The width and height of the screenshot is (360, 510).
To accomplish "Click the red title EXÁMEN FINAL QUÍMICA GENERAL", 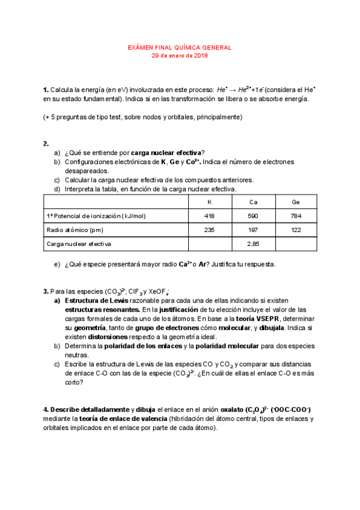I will coord(180,48).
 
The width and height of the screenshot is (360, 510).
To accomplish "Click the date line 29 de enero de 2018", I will coord(180,56).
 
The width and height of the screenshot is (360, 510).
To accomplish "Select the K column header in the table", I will coord(209,202).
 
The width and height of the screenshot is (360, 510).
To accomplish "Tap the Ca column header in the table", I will coord(254,202).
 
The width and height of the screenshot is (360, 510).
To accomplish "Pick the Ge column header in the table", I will coord(296,202).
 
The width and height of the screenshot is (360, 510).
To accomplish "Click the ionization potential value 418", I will coord(209,216).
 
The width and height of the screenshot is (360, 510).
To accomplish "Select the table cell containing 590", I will coord(254,216).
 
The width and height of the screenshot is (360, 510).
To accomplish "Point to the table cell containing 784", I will coord(296,216).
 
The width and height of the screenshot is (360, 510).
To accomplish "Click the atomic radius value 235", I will coord(209,230).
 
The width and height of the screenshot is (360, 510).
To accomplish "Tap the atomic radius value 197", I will coord(254,230).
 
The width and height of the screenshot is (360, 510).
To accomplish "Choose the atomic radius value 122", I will coord(296,230).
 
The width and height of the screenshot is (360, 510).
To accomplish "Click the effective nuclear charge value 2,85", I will coord(254,244).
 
